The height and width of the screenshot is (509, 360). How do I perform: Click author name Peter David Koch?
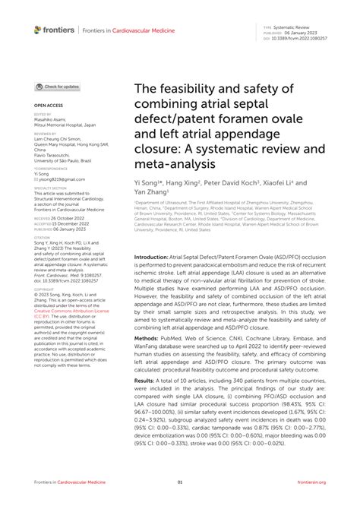pos(232,184)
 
